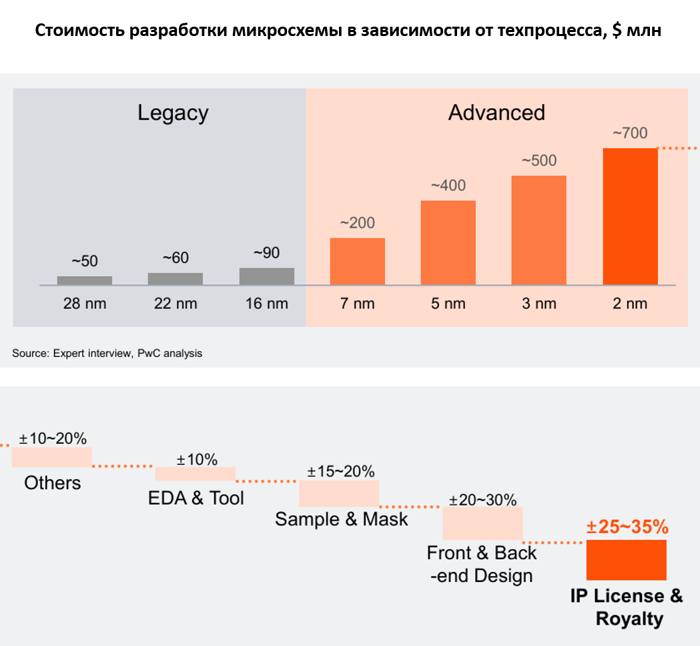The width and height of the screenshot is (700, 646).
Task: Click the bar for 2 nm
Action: point(630,216)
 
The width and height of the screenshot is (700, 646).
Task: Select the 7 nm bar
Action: point(358,261)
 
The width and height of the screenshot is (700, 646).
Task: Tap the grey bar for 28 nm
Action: point(85,280)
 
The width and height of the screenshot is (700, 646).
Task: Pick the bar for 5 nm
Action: point(448,242)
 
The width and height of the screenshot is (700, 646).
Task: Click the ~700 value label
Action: point(630,133)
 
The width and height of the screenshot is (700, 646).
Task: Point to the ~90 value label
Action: point(266,253)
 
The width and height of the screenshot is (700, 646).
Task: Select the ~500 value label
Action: point(539,161)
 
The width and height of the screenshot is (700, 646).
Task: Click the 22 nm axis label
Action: point(175,304)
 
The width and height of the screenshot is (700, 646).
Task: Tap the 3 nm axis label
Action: point(539,304)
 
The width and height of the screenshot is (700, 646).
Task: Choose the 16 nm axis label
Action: point(266,304)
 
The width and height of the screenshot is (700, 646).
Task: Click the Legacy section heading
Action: point(173,112)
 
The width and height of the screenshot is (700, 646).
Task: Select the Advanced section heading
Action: point(496,112)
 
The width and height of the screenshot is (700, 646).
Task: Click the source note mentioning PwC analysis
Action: point(107,353)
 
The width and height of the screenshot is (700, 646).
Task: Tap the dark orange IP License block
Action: point(627,559)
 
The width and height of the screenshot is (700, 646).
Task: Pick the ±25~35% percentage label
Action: point(627,527)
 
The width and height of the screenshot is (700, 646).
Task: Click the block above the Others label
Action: point(51,457)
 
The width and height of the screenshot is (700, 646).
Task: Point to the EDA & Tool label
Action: point(196,498)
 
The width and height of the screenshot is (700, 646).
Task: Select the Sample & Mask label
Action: point(341,519)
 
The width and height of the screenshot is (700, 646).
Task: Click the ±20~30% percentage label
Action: point(482,500)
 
